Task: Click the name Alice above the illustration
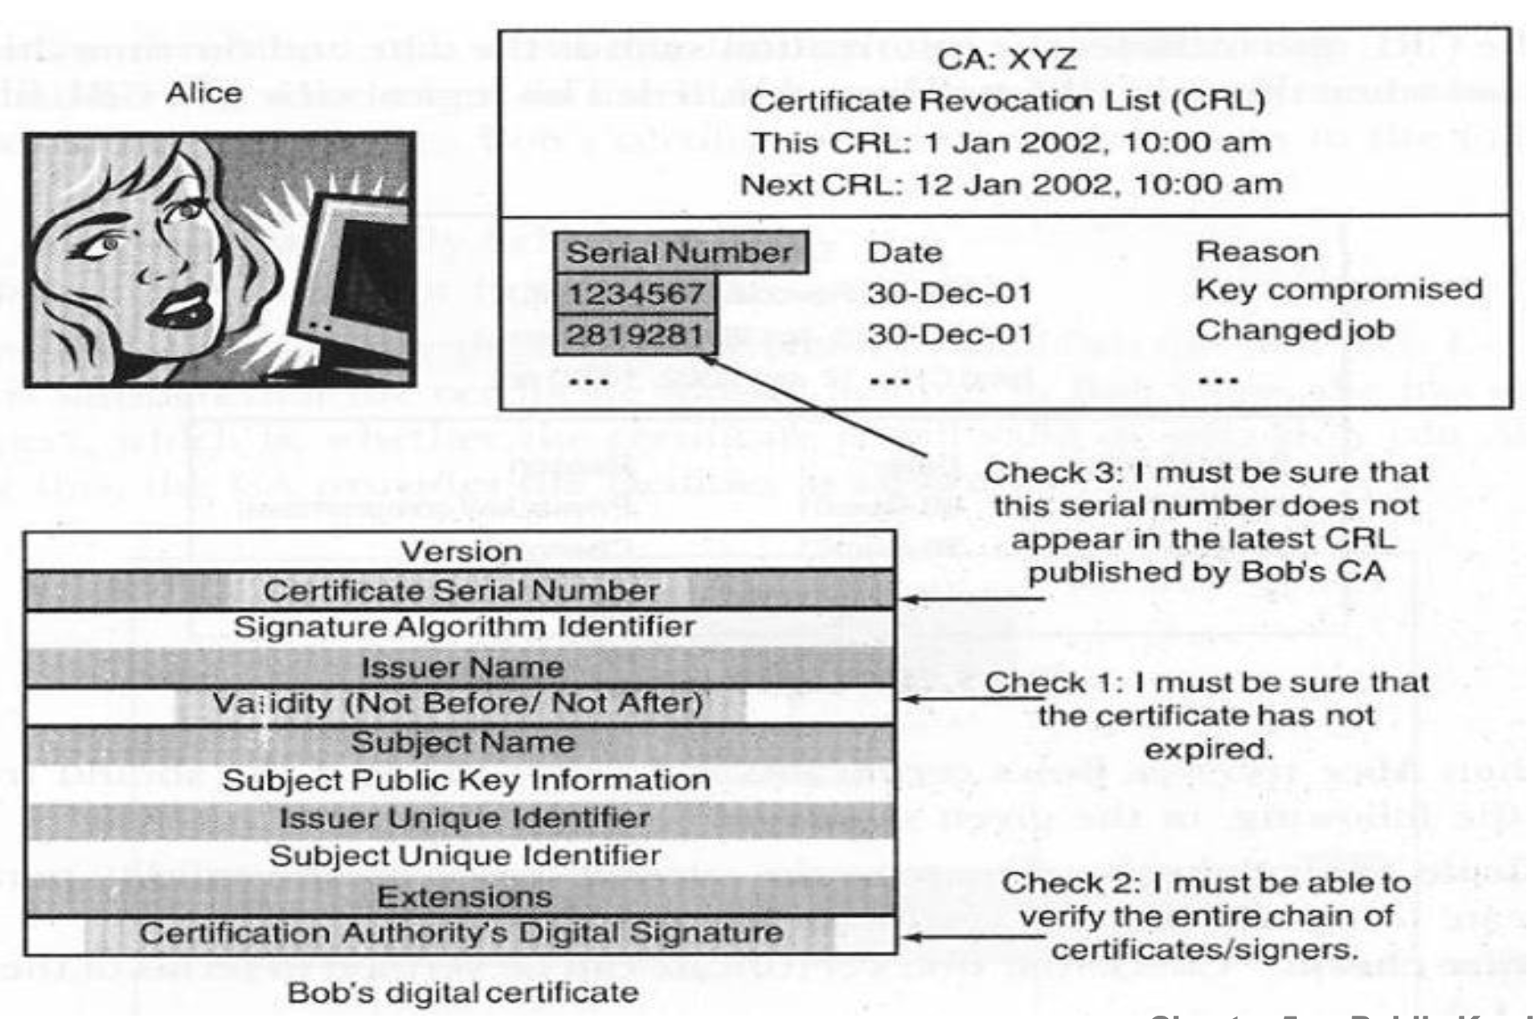[203, 93]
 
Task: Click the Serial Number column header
[679, 253]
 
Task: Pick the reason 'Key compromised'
[1338, 289]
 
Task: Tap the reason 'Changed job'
[1295, 330]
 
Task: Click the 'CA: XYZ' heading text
[1007, 59]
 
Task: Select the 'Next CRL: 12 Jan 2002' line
[1010, 183]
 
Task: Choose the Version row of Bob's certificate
[461, 551]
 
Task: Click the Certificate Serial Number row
[461, 591]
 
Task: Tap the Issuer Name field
[462, 668]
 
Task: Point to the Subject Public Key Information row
[466, 780]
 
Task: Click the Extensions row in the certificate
[464, 897]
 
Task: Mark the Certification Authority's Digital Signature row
[461, 934]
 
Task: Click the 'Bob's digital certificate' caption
[463, 993]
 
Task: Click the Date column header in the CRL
[904, 253]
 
